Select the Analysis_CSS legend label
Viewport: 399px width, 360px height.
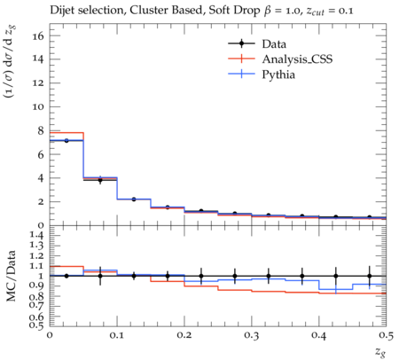point(297,59)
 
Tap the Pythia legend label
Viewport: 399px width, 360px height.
point(278,74)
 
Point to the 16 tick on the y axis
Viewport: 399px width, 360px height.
point(38,36)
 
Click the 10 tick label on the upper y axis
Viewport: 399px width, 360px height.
point(38,106)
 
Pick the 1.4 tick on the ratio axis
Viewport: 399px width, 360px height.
point(37,235)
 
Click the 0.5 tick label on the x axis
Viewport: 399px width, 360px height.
point(386,335)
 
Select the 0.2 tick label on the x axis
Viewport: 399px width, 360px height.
point(184,335)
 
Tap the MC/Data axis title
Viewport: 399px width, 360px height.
point(12,276)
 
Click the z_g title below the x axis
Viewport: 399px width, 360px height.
point(380,352)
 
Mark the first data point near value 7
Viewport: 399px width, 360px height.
point(66,141)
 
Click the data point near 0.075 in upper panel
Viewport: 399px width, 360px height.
point(100,180)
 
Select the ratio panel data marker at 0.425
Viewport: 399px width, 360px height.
point(336,276)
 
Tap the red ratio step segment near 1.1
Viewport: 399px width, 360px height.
point(66,266)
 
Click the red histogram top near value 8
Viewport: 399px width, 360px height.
point(66,133)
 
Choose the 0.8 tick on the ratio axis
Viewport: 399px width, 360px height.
point(37,296)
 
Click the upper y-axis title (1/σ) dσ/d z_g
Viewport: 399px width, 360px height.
point(11,61)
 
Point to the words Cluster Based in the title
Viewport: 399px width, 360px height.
point(168,11)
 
